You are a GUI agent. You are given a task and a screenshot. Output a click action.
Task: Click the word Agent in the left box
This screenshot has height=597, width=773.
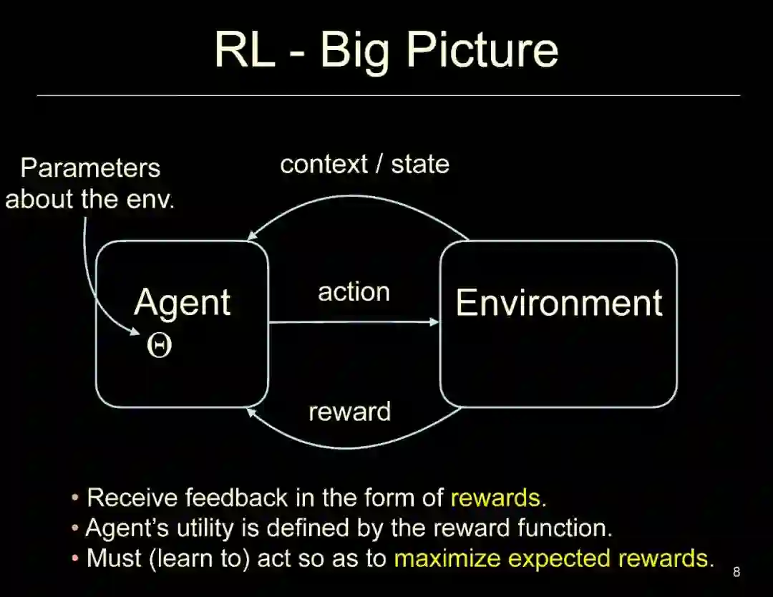(x=182, y=304)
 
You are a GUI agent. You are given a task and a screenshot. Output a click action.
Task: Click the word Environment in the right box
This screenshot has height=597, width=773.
(x=559, y=302)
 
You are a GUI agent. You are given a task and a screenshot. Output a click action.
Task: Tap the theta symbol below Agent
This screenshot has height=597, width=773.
(x=159, y=346)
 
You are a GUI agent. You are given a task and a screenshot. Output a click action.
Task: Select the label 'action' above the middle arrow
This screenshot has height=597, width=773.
(x=354, y=292)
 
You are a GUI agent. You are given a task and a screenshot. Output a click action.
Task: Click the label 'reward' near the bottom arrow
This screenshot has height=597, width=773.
(x=349, y=412)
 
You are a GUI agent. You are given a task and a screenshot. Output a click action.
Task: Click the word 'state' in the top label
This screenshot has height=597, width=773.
(x=419, y=164)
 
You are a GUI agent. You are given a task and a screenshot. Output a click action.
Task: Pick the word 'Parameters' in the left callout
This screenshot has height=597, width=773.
(x=90, y=168)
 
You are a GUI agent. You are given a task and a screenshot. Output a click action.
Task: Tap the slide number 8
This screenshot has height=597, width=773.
(x=736, y=572)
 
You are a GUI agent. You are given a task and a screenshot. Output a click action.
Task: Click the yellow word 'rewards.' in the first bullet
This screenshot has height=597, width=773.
(x=498, y=497)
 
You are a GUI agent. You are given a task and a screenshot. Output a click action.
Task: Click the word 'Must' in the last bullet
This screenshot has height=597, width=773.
(x=115, y=558)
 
